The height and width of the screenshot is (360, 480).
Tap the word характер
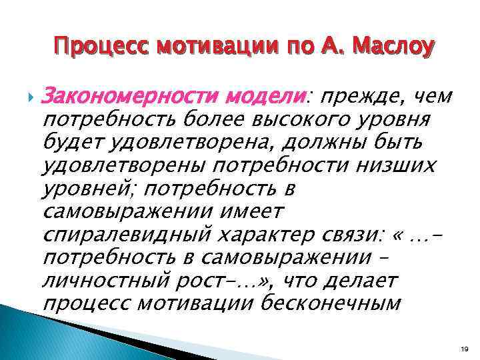(x=270, y=235)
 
